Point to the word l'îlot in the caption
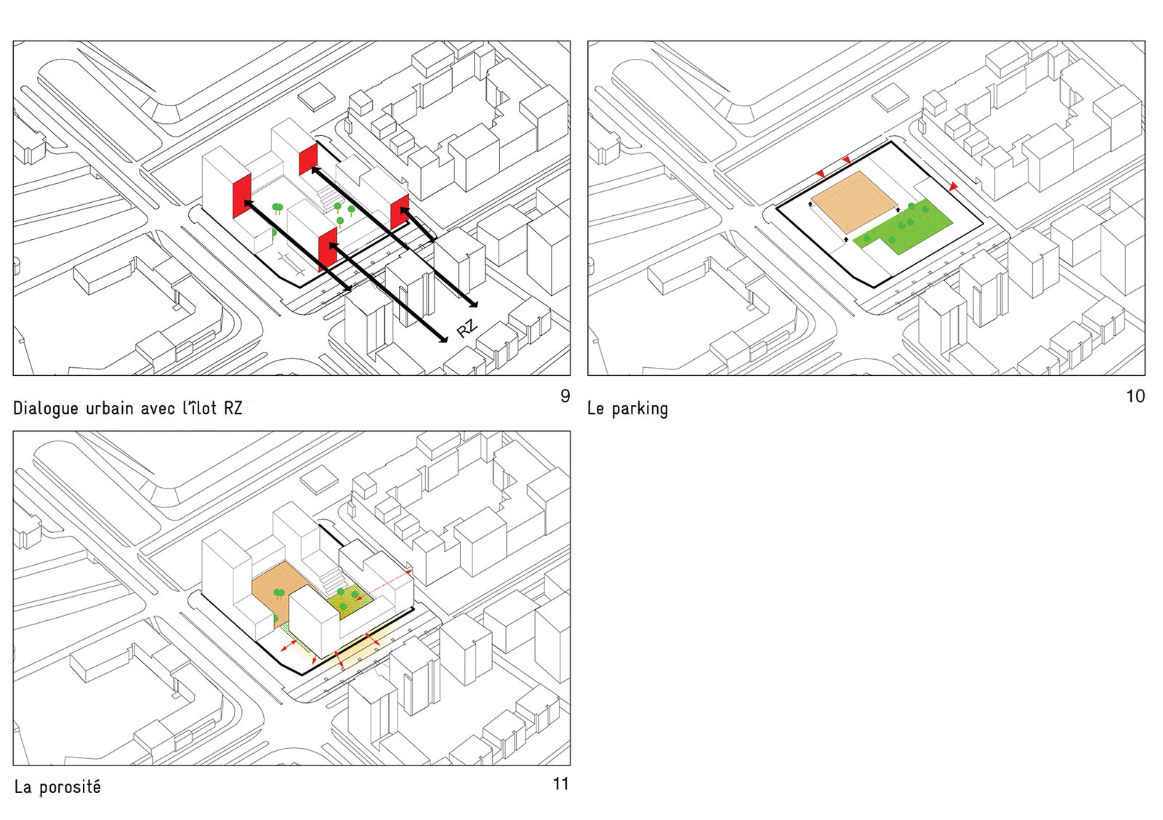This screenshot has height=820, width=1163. pyautogui.click(x=199, y=408)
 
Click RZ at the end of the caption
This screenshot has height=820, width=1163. pyautogui.click(x=233, y=408)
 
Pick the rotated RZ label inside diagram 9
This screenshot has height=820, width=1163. pyautogui.click(x=467, y=328)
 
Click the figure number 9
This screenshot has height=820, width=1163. pyautogui.click(x=565, y=395)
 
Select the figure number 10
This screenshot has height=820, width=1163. pyautogui.click(x=1135, y=396)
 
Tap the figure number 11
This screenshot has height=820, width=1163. pyautogui.click(x=560, y=784)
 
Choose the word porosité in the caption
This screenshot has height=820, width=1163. pyautogui.click(x=70, y=787)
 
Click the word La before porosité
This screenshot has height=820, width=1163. pyautogui.click(x=23, y=787)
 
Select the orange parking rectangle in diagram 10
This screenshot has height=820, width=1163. pyautogui.click(x=854, y=201)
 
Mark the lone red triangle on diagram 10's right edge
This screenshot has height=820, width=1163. pyautogui.click(x=953, y=186)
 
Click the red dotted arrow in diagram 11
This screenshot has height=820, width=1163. pyautogui.click(x=385, y=584)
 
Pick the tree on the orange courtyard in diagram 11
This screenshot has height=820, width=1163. pyautogui.click(x=279, y=594)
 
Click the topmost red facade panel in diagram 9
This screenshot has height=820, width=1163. pyautogui.click(x=308, y=159)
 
